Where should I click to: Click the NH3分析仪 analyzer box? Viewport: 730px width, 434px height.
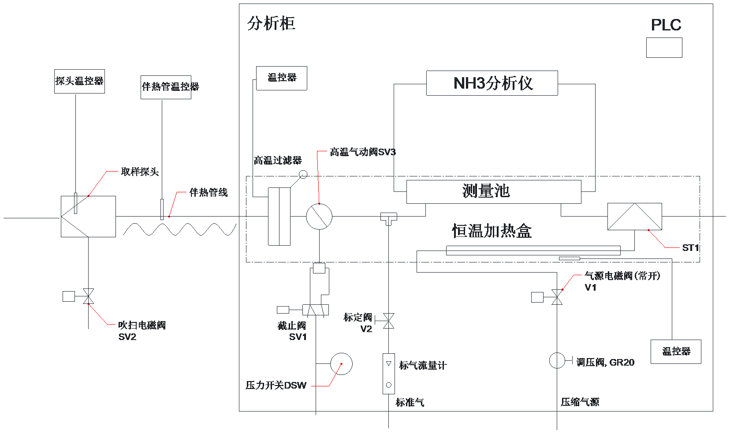[x=492, y=83]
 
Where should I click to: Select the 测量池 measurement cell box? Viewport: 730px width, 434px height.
[x=493, y=192]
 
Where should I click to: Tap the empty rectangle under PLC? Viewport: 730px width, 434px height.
[x=664, y=48]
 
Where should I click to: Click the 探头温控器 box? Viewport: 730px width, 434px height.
[x=79, y=81]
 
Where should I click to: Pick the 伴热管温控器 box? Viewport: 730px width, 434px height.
[x=166, y=87]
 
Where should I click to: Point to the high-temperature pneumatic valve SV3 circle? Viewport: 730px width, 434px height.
[x=319, y=216]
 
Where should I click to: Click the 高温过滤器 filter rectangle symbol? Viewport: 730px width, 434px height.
[x=279, y=216]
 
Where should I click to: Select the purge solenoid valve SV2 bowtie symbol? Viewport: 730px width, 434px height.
[x=89, y=296]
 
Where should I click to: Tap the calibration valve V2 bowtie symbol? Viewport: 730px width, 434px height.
[x=388, y=321]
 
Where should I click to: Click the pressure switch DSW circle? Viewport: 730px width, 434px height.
[x=341, y=364]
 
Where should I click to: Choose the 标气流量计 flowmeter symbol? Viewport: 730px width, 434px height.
[x=388, y=374]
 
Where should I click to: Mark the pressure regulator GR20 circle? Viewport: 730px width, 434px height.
[x=557, y=360]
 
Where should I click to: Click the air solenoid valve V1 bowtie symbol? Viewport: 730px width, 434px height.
[x=557, y=297]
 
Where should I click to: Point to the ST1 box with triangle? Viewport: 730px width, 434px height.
[x=634, y=216]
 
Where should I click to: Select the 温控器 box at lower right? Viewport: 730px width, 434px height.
[x=676, y=352]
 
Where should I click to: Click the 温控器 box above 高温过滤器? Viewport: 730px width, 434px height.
[x=281, y=78]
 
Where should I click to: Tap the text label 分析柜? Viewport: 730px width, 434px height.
[x=271, y=23]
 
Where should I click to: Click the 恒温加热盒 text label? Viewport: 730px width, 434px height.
[x=492, y=231]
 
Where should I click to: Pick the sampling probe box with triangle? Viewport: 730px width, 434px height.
[x=88, y=216]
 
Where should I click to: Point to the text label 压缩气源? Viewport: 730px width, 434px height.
[x=580, y=402]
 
